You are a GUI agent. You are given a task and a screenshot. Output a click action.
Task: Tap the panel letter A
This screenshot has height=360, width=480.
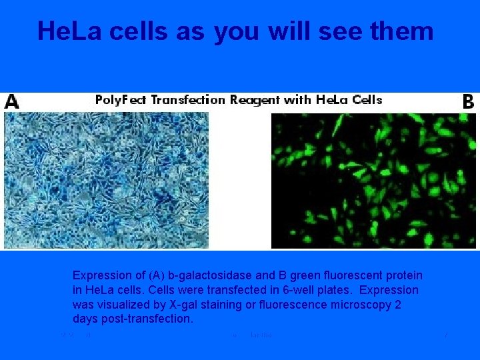(11, 101)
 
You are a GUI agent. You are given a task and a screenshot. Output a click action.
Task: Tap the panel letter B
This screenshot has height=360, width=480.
(468, 101)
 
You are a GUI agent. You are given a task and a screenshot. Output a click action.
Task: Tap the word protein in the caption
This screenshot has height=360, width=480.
(403, 275)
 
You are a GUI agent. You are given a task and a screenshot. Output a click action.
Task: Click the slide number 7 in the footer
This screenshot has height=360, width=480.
(445, 335)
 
